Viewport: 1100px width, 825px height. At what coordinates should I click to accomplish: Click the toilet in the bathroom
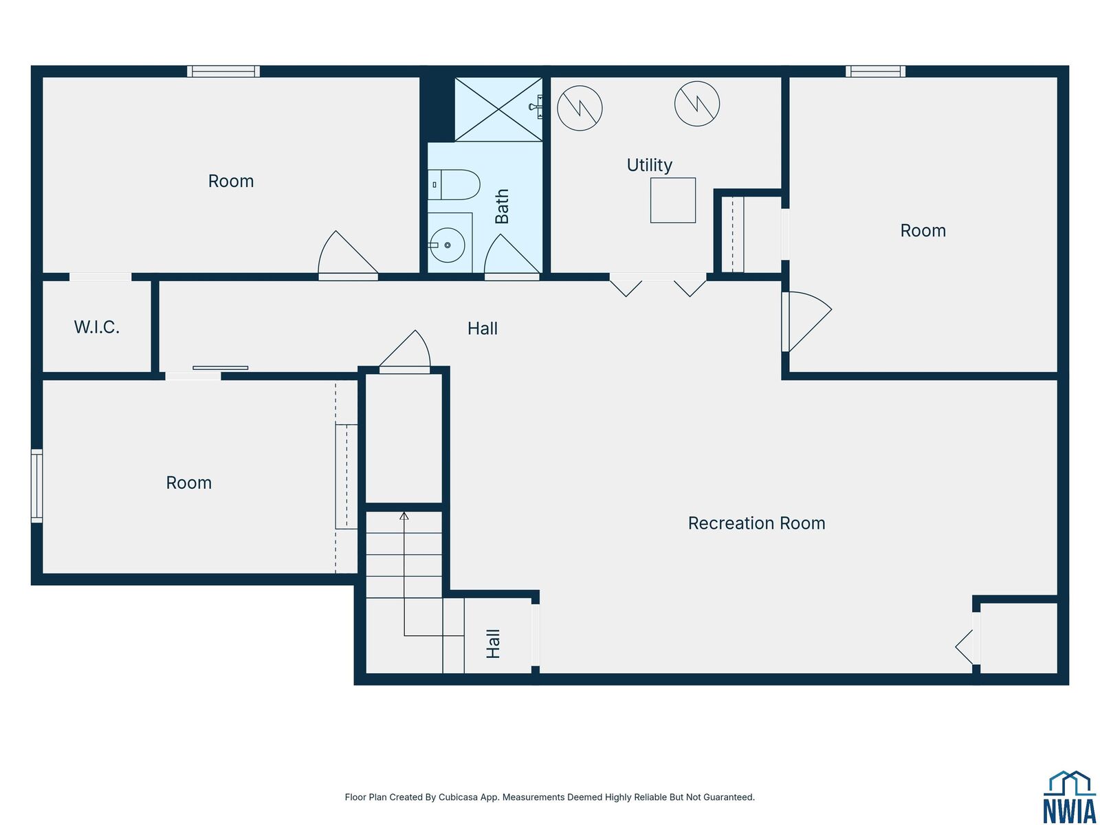(454, 185)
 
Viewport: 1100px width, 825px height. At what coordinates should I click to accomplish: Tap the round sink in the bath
(447, 245)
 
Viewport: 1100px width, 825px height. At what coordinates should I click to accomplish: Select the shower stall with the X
(498, 109)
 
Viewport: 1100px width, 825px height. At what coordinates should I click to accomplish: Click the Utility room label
(649, 165)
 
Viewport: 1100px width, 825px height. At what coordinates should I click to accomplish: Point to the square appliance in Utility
(672, 200)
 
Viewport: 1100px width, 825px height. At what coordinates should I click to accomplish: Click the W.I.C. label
(97, 327)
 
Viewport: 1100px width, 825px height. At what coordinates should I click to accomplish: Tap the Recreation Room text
(756, 523)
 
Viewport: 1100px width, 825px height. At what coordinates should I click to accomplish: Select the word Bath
(502, 206)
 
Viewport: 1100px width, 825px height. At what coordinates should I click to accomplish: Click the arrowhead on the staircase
(404, 516)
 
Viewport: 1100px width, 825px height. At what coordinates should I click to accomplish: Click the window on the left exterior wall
(36, 485)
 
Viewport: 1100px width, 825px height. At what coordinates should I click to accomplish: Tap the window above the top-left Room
(223, 71)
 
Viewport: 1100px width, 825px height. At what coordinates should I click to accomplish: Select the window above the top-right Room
(875, 71)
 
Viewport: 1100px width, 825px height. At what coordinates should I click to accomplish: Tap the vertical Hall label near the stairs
(493, 643)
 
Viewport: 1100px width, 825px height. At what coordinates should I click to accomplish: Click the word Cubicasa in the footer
(459, 797)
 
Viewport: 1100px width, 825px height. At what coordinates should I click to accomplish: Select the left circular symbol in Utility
(580, 108)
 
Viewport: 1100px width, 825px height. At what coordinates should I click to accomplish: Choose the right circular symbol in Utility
(696, 104)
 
